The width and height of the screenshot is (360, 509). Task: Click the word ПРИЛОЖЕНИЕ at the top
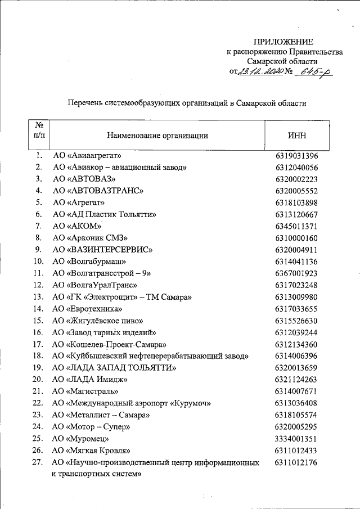(x=283, y=42)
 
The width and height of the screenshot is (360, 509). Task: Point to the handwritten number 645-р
(x=315, y=71)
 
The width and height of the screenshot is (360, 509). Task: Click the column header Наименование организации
(x=157, y=135)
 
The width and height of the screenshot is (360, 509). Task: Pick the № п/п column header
(x=39, y=130)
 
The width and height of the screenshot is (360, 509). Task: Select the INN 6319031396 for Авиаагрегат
(x=297, y=156)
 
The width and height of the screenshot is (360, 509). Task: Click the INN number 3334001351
(x=297, y=438)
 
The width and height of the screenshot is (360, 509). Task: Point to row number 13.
(x=38, y=296)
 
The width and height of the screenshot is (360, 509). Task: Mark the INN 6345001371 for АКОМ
(x=297, y=226)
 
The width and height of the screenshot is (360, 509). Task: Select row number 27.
(x=38, y=462)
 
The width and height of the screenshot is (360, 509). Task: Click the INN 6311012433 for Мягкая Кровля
(x=297, y=450)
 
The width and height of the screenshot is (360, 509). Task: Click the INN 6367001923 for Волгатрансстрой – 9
(x=297, y=273)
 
